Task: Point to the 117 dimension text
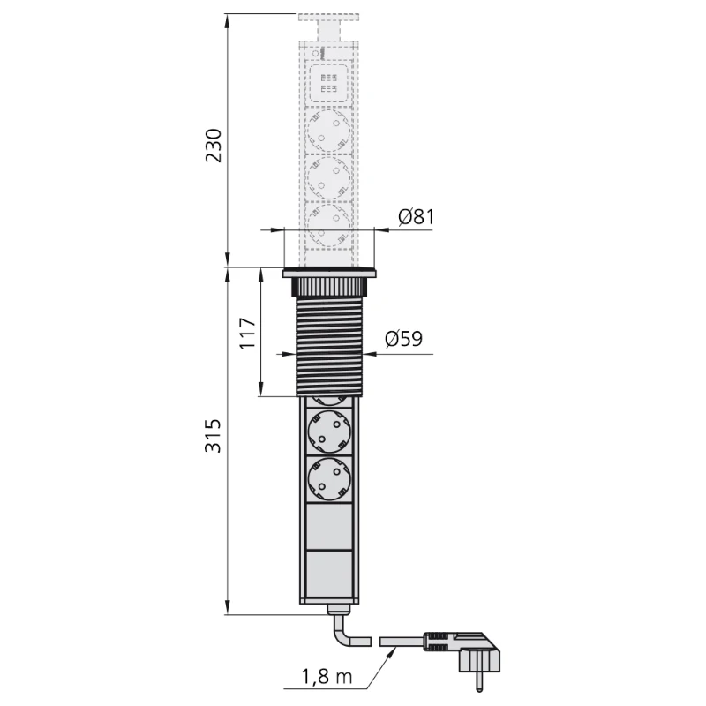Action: (248, 334)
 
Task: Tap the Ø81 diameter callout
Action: (415, 217)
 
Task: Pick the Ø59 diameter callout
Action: (403, 339)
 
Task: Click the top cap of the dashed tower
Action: (330, 19)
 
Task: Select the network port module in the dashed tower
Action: (330, 86)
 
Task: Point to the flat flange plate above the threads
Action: (330, 274)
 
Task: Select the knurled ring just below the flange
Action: (330, 288)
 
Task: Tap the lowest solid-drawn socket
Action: (330, 480)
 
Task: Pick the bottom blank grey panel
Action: (330, 575)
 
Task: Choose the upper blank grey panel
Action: (330, 529)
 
